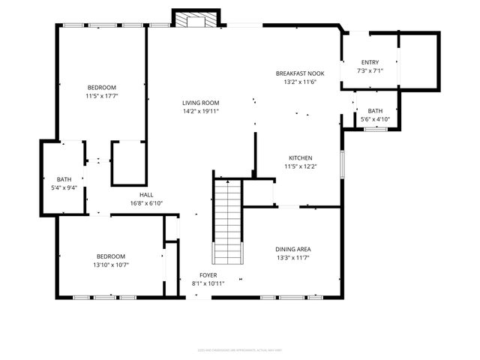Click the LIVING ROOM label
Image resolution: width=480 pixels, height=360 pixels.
coord(200,103)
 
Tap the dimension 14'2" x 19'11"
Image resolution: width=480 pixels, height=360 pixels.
coord(200,112)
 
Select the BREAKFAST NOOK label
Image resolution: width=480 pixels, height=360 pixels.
coord(301,73)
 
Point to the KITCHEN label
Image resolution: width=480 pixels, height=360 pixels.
coord(301,157)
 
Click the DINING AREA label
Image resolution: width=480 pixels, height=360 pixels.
coord(292,249)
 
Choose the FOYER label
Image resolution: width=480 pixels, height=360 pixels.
coord(208,275)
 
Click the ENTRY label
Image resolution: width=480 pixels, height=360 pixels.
coord(370,62)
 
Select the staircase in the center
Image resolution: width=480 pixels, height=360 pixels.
coord(227,222)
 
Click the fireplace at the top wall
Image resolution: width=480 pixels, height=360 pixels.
coord(196,19)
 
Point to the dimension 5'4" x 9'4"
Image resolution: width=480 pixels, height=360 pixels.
coord(64,188)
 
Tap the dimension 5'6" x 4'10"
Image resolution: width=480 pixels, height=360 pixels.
coord(374,119)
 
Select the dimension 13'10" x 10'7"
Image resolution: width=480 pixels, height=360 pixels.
coord(110,265)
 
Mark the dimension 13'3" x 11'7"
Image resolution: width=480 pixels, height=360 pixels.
coord(292,258)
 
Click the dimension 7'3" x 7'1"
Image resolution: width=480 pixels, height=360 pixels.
coord(370,71)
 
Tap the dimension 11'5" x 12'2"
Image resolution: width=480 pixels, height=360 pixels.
coord(301,166)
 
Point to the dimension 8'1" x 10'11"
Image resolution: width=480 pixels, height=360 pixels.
coord(208,283)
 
